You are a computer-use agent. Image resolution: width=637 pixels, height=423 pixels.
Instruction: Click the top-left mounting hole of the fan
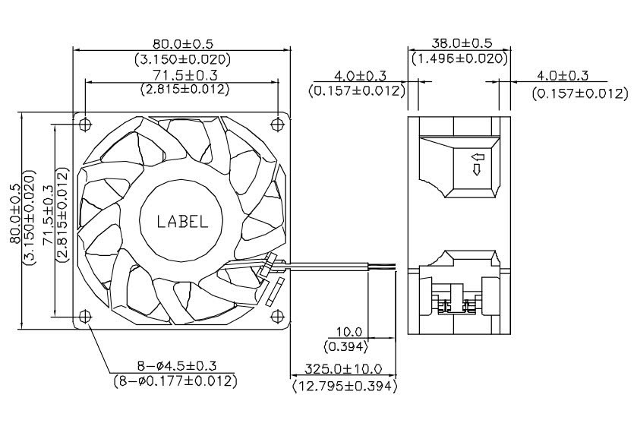pos(84,122)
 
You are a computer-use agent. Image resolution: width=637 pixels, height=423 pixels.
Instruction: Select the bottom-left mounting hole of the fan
pos(84,315)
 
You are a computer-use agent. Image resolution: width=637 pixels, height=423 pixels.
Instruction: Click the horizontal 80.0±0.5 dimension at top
pos(182,44)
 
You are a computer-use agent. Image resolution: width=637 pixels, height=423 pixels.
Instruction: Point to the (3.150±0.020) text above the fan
pos(182,58)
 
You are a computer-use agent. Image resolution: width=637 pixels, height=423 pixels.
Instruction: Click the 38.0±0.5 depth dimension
pos(459,44)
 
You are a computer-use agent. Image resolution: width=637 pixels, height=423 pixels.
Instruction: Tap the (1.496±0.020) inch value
pos(459,58)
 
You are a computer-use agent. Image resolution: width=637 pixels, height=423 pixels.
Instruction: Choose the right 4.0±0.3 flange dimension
pos(563,76)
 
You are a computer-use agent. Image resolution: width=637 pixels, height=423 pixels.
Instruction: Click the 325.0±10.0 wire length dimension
pos(343,370)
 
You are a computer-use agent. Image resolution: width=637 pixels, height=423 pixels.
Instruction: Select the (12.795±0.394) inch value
pos(343,386)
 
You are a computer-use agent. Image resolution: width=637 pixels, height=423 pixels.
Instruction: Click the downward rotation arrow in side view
pos(477,170)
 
